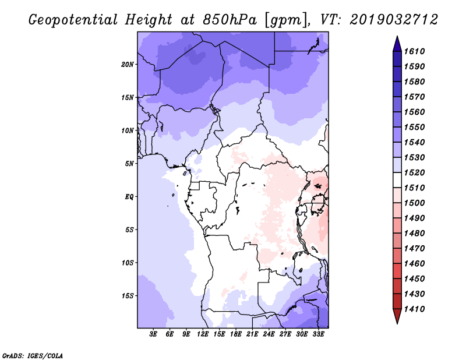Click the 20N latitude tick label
pyautogui.click(x=128, y=64)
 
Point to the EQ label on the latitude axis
pyautogui.click(x=129, y=197)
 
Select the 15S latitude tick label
pyautogui.click(x=128, y=296)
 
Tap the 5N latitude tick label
pyautogui.click(x=129, y=164)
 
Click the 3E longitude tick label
pyautogui.click(x=154, y=334)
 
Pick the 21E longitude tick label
pyautogui.click(x=252, y=334)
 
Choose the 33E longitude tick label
pyautogui.click(x=318, y=334)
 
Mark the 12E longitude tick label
pyautogui.click(x=203, y=334)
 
